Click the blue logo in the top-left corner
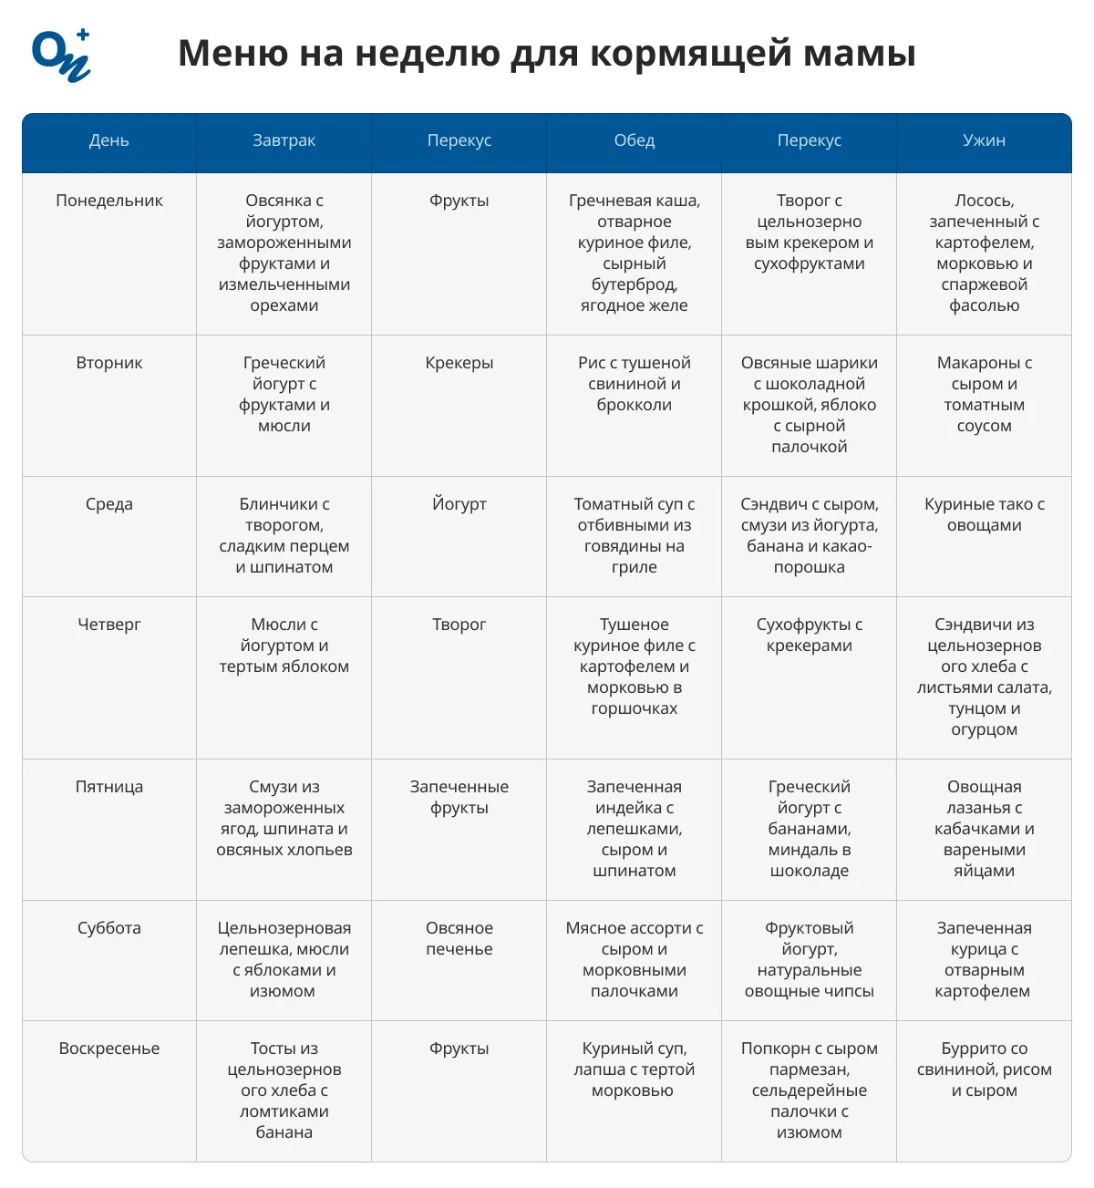tap(61, 55)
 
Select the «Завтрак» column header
tap(284, 140)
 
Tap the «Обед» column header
tap(634, 140)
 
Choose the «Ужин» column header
tap(984, 140)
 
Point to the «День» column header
tap(108, 140)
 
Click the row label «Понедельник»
tap(109, 201)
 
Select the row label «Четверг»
tap(109, 625)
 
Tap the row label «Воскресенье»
tap(109, 1049)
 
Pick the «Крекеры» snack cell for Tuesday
tap(459, 363)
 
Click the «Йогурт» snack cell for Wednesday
tap(459, 504)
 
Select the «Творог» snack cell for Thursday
tap(459, 625)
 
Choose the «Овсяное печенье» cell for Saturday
tap(459, 938)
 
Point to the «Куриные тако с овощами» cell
tap(984, 515)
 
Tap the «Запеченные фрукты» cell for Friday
tap(459, 797)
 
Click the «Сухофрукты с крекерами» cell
tap(809, 635)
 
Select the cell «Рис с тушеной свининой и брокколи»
tap(634, 384)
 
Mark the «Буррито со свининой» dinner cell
tap(984, 1069)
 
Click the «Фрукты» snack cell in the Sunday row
tap(459, 1049)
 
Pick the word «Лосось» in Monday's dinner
tap(984, 201)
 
